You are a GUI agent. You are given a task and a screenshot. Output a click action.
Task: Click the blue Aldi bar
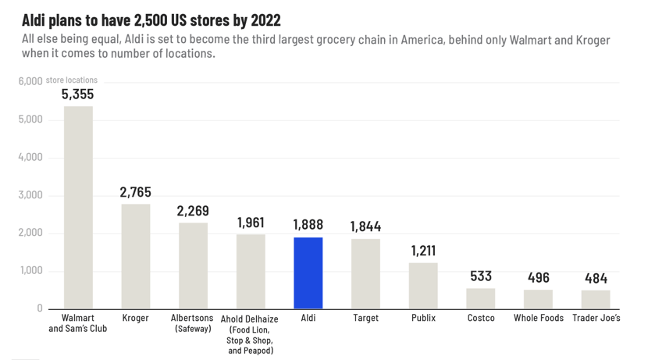(x=308, y=273)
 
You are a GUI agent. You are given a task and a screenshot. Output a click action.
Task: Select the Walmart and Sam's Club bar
(x=78, y=207)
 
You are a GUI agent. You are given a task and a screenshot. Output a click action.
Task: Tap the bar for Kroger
(x=136, y=256)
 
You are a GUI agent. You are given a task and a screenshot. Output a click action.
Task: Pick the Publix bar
(x=423, y=286)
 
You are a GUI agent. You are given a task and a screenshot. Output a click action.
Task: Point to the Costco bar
(x=481, y=298)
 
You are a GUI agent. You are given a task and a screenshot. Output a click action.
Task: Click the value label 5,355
(x=78, y=94)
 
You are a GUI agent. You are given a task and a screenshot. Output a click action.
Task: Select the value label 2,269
(x=193, y=211)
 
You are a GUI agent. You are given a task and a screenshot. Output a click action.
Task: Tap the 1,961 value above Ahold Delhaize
(x=251, y=223)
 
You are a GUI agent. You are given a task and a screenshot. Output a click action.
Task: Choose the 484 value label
(x=596, y=278)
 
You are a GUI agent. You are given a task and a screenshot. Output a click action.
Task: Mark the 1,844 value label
(x=365, y=226)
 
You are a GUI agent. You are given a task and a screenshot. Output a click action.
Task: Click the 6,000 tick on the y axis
(x=30, y=81)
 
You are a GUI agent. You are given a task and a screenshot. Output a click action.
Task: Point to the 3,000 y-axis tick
(x=30, y=195)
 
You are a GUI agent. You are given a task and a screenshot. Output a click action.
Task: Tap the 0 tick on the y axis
(x=39, y=308)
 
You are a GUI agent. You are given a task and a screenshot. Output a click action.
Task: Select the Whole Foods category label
(x=539, y=319)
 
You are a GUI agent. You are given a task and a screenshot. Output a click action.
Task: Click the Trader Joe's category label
(x=596, y=319)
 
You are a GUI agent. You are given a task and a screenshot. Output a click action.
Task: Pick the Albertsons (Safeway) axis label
(x=193, y=323)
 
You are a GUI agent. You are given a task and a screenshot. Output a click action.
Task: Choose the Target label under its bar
(x=365, y=319)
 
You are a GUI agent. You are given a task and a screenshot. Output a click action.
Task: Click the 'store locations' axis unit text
(x=72, y=80)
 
